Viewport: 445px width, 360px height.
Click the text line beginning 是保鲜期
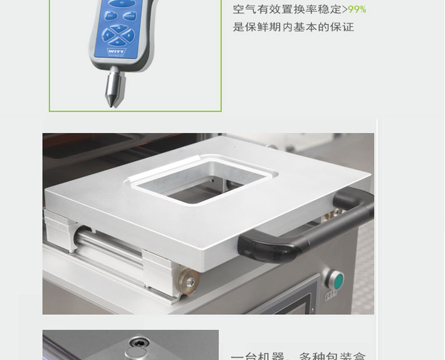293,28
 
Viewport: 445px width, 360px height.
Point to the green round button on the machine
337,278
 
